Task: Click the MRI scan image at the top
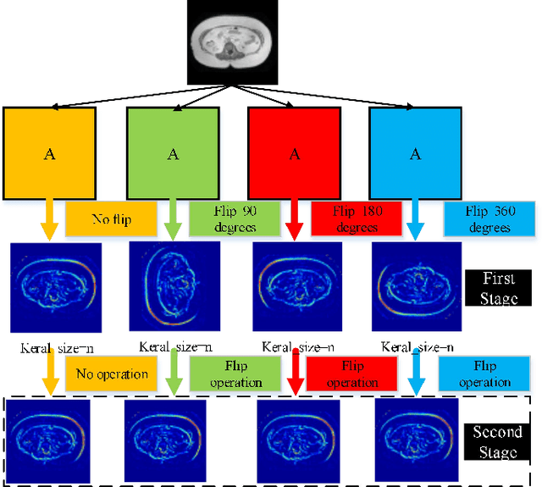[230, 42]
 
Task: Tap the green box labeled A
[174, 153]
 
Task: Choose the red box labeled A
[295, 153]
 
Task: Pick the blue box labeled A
[416, 153]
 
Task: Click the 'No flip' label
[111, 219]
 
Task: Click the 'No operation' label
[111, 374]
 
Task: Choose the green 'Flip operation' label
[235, 374]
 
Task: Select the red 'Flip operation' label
[352, 374]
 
